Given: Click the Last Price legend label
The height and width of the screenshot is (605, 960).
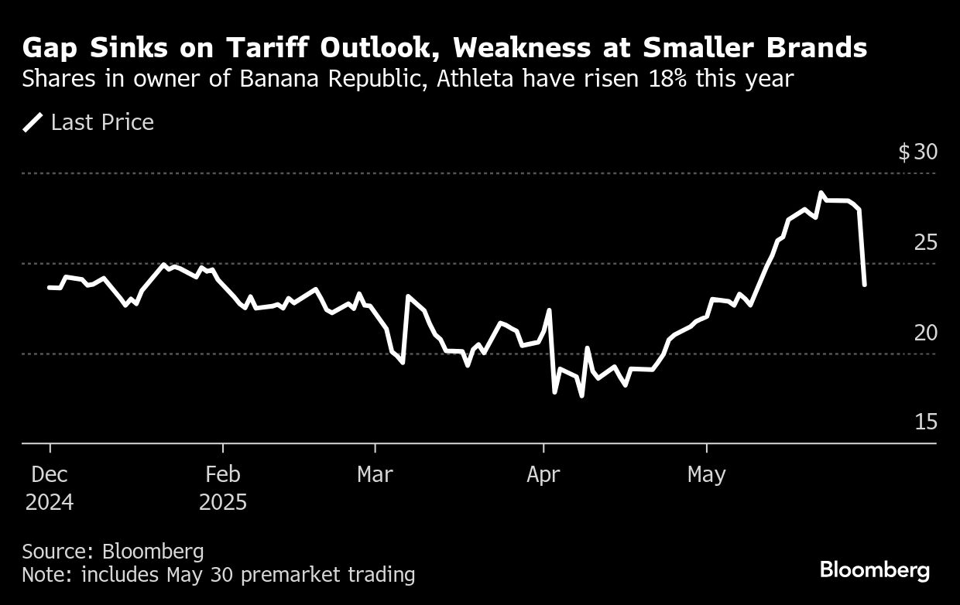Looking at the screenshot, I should coord(102,122).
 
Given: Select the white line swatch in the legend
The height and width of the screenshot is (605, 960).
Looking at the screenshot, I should coord(33,122).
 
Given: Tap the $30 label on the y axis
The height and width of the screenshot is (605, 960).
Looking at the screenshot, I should coord(917,152).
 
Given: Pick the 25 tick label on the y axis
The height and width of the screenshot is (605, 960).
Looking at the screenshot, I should coord(925,242).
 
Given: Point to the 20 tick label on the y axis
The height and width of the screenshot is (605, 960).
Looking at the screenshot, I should coord(925,333).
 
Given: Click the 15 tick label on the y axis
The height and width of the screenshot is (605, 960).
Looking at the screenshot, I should coord(925,422).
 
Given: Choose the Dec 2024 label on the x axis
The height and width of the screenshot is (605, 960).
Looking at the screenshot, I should coord(50,487).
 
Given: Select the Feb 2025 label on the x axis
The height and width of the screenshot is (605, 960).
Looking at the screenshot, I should coord(223,487).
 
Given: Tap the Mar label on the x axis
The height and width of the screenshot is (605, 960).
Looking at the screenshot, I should coord(375,474).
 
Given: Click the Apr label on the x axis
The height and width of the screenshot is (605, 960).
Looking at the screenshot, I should coord(543,474).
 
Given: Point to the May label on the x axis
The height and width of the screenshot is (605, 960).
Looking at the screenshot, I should coord(706,474).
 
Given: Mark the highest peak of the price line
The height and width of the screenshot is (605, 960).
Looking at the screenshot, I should coord(821,193).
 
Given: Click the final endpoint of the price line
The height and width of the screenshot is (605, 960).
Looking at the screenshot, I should coord(864,285).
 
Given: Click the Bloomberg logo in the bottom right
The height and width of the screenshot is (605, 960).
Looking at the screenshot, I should coord(875,571).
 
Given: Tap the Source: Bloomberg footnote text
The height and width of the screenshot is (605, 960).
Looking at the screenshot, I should coord(113,552).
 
